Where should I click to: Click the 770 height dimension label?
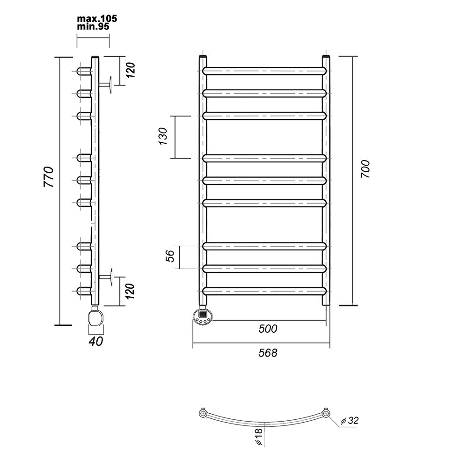coord(49,177)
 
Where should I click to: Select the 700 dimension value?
coord(366,169)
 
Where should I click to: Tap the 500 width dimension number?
coord(268,329)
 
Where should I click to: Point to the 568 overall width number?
coord(268,353)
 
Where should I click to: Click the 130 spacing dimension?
coord(163,136)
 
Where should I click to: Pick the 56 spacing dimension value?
coord(170,256)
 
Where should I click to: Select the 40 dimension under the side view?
coord(96,342)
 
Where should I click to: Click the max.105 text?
coord(97,19)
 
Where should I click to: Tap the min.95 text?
coord(93,27)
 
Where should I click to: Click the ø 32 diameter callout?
coord(349,420)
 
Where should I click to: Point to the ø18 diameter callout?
coord(259,437)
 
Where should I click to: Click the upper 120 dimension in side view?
coord(131,70)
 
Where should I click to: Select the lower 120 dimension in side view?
coord(130,291)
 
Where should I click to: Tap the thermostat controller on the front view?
coord(203,316)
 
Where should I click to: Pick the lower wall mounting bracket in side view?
coord(106,277)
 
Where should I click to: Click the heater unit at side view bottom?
coord(95,316)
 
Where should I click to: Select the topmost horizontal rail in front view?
coord(265,71)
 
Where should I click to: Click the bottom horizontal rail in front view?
coord(265,291)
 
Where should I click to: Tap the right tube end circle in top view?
coord(326,413)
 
